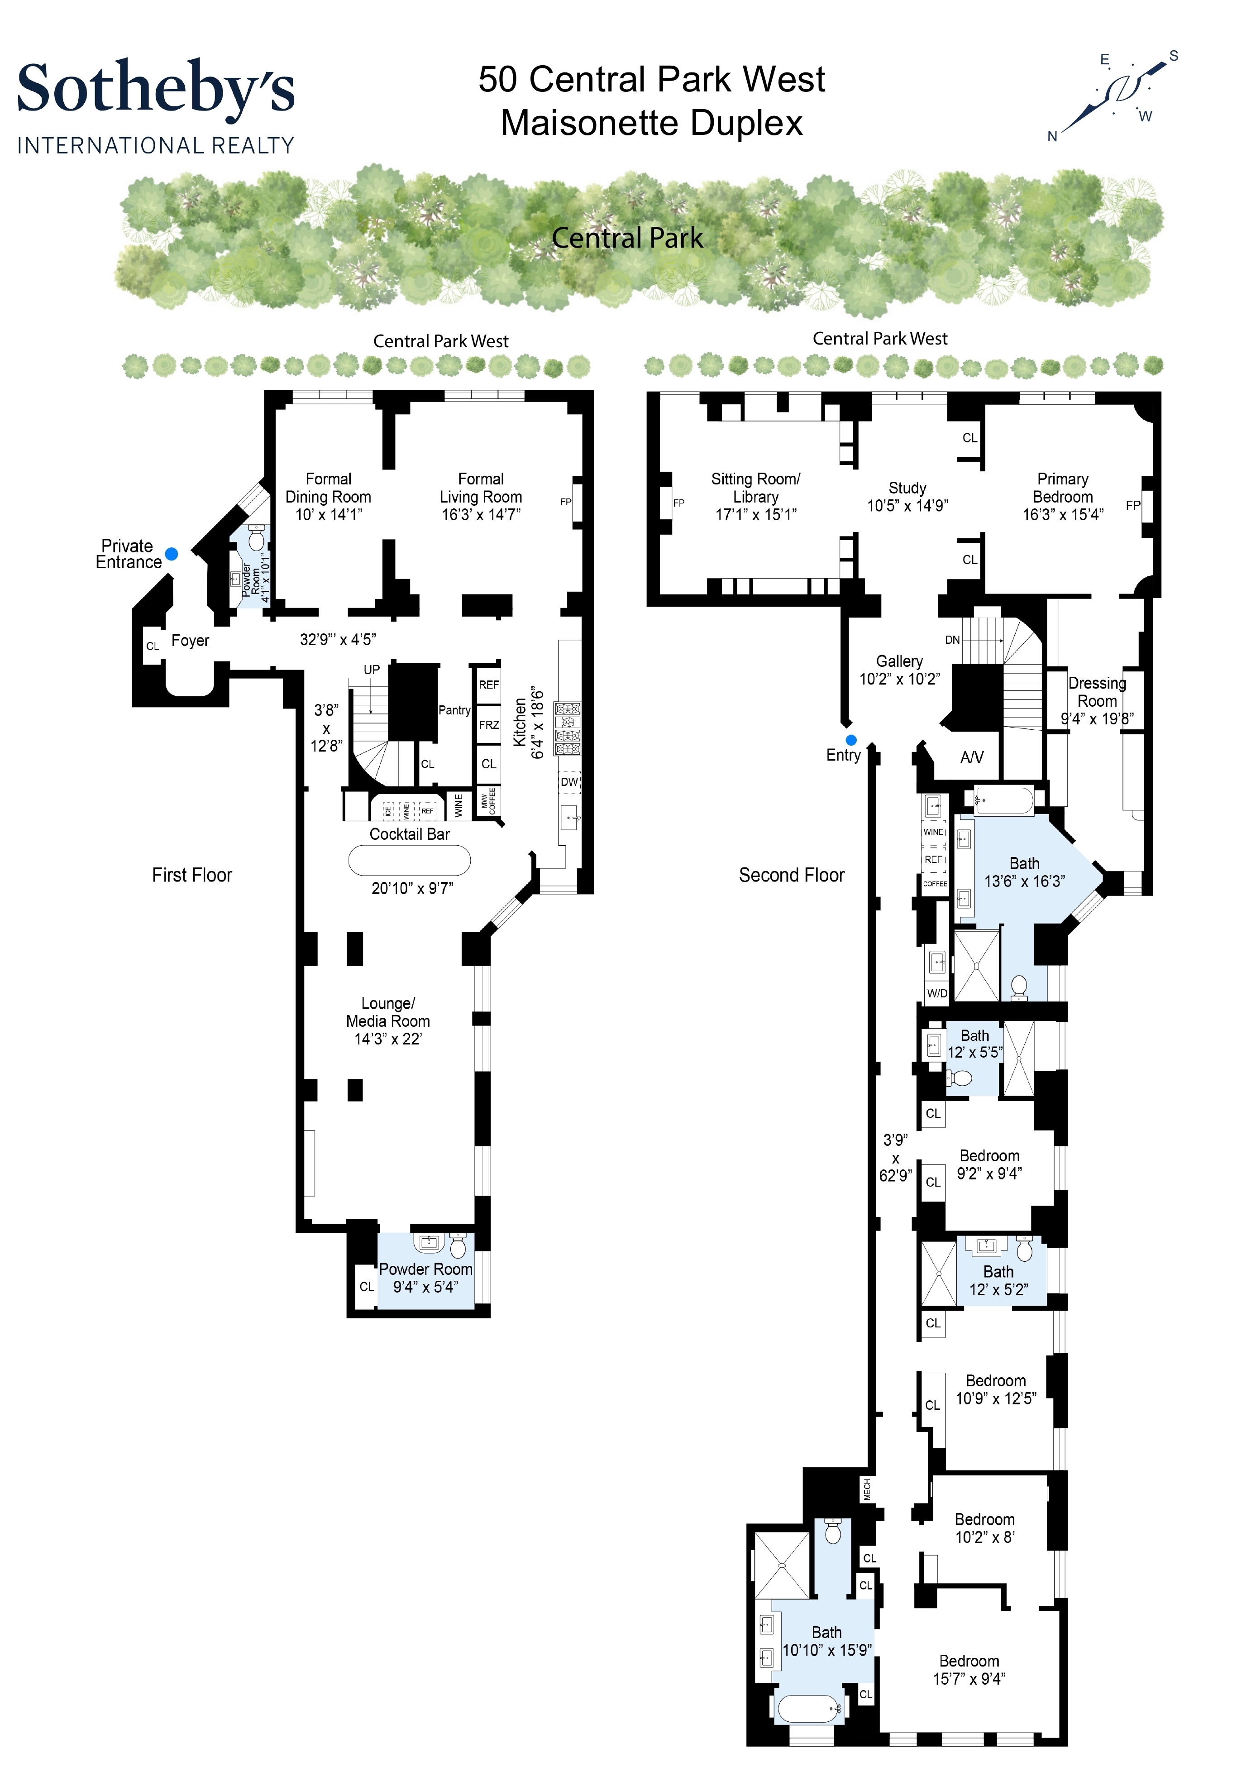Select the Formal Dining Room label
[x=328, y=496]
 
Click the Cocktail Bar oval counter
[x=409, y=860]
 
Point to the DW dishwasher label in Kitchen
[x=569, y=782]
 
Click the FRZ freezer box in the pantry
[x=488, y=725]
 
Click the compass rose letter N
[x=1052, y=137]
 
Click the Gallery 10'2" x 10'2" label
[x=899, y=670]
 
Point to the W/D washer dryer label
[x=937, y=993]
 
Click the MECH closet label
[x=867, y=1490]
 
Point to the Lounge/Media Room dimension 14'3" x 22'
[x=388, y=1039]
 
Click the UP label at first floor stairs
[x=372, y=670]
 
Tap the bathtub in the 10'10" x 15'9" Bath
[x=809, y=1709]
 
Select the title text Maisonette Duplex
[x=652, y=123]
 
